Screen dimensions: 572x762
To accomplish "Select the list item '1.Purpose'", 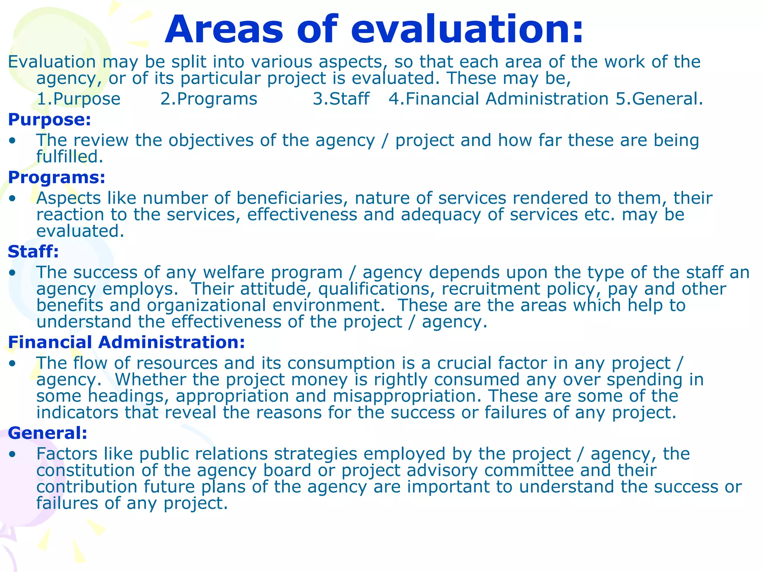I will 79,99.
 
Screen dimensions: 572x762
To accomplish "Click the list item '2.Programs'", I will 209,99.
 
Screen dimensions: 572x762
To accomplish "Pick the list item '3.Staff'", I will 341,99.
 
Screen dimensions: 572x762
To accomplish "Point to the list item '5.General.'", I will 659,99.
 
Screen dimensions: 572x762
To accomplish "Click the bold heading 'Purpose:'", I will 49,120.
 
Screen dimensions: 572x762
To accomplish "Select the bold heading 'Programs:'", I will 57,177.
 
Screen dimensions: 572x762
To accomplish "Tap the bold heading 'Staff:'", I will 33,252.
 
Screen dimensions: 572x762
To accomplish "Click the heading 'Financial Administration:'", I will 127,342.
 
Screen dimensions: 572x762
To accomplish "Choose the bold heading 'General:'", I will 48,433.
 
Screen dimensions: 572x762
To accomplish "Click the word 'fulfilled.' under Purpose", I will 70,157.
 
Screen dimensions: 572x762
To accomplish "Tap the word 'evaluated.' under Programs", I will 80,231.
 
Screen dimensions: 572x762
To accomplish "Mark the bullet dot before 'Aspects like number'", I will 13,198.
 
